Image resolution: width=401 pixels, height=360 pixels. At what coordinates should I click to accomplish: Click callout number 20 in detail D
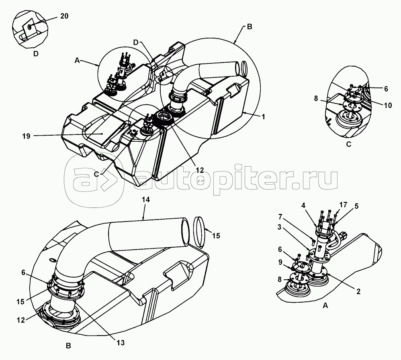64,16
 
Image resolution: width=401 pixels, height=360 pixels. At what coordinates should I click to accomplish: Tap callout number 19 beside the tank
27,136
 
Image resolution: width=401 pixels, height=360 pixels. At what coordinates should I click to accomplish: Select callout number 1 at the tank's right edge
263,117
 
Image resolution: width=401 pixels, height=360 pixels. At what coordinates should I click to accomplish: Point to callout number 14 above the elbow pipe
146,199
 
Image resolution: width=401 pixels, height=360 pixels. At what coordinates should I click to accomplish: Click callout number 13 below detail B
121,343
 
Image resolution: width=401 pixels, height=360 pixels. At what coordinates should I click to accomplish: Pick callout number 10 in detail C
388,105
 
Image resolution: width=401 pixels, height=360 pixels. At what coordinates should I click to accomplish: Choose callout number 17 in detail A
343,205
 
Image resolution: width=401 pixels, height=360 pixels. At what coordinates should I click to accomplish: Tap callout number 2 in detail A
358,291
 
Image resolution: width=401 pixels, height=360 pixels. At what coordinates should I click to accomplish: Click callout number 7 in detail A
280,217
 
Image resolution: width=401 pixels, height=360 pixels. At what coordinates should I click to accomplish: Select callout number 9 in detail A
280,262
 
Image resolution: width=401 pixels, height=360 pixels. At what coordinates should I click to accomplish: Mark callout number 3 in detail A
279,227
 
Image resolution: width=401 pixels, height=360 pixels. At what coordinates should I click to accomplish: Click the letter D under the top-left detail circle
36,54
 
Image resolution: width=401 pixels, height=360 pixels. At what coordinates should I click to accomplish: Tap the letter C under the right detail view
349,144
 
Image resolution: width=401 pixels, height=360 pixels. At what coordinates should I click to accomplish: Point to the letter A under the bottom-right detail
325,305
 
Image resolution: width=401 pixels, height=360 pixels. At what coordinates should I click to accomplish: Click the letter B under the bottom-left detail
68,346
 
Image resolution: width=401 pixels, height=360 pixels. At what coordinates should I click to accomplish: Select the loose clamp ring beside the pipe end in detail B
200,232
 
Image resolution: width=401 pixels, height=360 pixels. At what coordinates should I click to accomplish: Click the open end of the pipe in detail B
185,231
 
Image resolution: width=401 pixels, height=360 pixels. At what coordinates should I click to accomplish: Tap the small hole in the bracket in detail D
29,26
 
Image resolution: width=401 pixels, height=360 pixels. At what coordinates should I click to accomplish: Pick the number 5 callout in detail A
356,206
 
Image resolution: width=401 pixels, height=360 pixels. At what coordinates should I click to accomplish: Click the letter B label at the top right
250,26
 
